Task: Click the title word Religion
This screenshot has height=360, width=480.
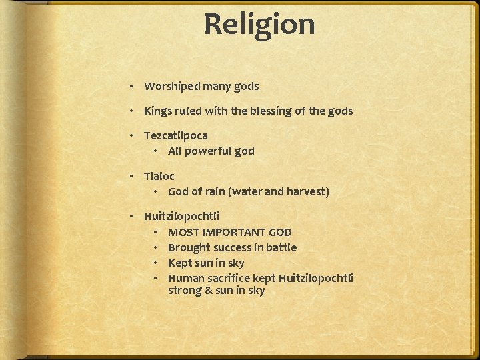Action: point(259,25)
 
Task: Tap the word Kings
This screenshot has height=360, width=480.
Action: point(158,111)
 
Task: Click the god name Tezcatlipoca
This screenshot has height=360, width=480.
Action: point(176,135)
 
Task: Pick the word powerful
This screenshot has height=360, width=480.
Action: point(209,151)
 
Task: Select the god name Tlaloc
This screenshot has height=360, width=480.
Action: point(159,176)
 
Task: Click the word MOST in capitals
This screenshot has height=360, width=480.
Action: point(183,232)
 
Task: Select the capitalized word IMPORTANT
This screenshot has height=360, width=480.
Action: point(233,232)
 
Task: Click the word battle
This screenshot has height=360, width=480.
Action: point(281,247)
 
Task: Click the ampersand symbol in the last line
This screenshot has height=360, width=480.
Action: point(205,291)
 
